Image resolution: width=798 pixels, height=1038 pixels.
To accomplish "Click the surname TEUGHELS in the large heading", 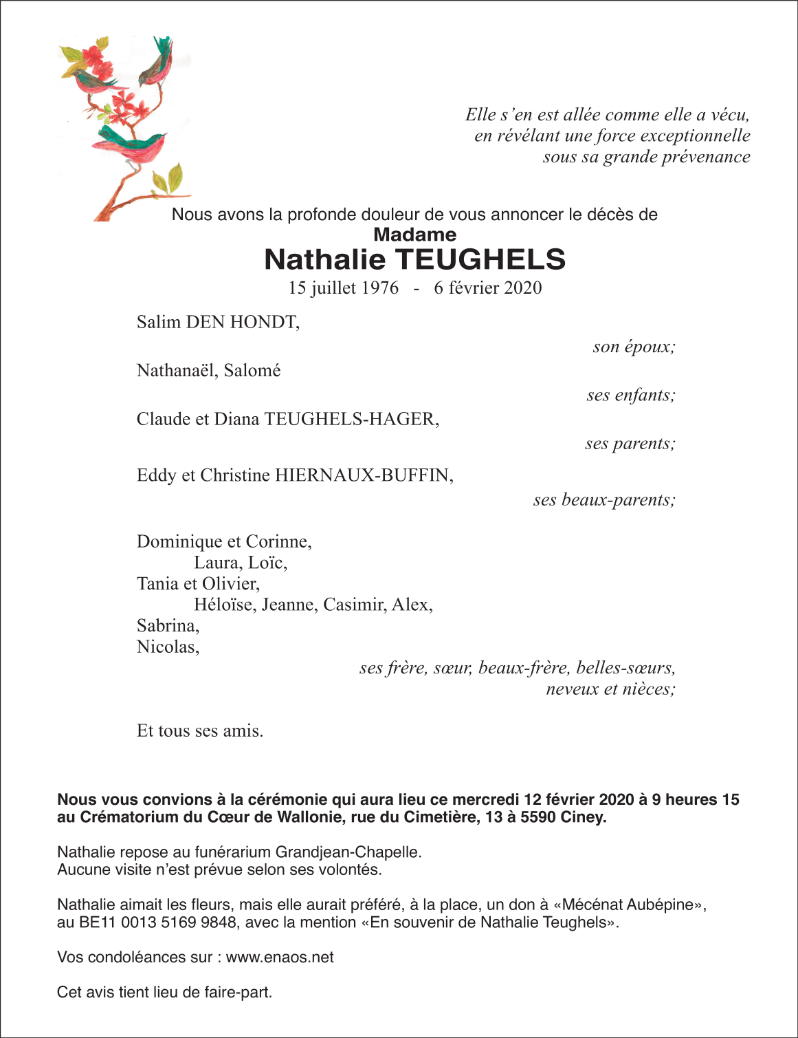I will (480, 260).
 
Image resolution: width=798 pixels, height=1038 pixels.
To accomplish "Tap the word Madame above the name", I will (414, 235).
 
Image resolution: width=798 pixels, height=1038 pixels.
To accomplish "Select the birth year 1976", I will (380, 288).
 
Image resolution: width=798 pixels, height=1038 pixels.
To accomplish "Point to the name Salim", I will (159, 322).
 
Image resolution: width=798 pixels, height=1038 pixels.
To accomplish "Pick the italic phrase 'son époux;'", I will (634, 347).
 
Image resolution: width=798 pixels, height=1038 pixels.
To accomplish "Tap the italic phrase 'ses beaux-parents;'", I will (604, 500).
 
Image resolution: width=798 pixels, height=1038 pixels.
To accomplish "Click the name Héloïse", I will (225, 605).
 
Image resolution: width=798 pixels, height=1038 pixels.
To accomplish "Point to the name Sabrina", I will (167, 626).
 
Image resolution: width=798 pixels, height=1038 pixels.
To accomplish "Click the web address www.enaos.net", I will (280, 958).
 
